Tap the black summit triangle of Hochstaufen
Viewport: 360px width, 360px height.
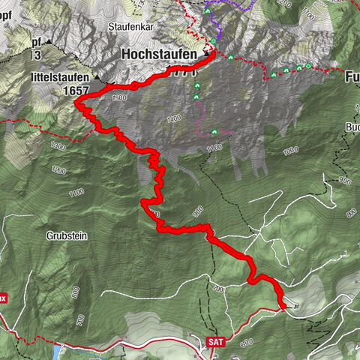pyautogui.click(x=204, y=55)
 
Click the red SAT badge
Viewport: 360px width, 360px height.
pyautogui.click(x=214, y=341)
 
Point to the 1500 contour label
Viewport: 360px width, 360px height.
pyautogui.click(x=117, y=98)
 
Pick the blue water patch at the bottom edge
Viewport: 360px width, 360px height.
pyautogui.click(x=57, y=351)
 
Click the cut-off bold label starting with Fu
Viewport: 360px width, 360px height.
pyautogui.click(x=352, y=76)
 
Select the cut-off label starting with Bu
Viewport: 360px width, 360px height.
pyautogui.click(x=353, y=127)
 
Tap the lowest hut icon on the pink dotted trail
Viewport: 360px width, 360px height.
pyautogui.click(x=215, y=132)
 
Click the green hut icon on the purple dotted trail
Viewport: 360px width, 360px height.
pyautogui.click(x=213, y=41)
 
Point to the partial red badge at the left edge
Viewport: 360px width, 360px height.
pyautogui.click(x=3, y=298)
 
